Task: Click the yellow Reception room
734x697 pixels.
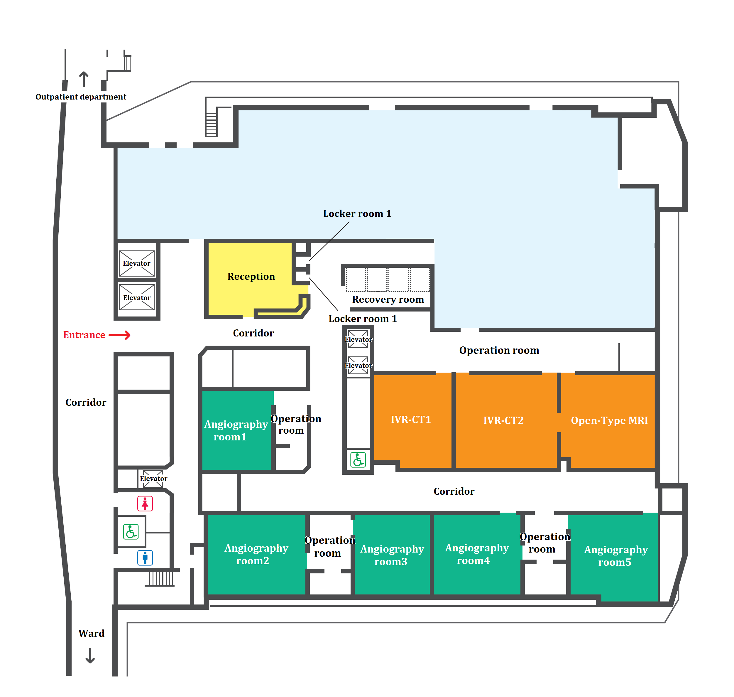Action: pyautogui.click(x=251, y=277)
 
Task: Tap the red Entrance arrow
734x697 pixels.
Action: pyautogui.click(x=120, y=335)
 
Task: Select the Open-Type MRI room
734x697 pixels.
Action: pyautogui.click(x=609, y=420)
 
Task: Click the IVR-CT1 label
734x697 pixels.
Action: pyautogui.click(x=411, y=420)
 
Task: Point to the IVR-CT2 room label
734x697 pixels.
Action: pyautogui.click(x=503, y=420)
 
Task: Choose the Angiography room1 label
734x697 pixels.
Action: pyautogui.click(x=236, y=431)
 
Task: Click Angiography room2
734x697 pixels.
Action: pyautogui.click(x=256, y=554)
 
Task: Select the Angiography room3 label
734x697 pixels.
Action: pyautogui.click(x=392, y=555)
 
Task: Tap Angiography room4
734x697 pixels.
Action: pyautogui.click(x=477, y=554)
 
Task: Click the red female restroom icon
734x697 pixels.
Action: pyautogui.click(x=145, y=504)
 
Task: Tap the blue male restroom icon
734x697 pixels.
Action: pyautogui.click(x=145, y=558)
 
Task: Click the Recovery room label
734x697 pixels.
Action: pyautogui.click(x=388, y=299)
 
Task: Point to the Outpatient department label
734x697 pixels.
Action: pyautogui.click(x=81, y=97)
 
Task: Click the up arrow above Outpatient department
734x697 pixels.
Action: pyautogui.click(x=84, y=79)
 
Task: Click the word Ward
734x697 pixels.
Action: pyautogui.click(x=91, y=634)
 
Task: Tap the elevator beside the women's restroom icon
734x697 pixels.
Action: pyautogui.click(x=153, y=479)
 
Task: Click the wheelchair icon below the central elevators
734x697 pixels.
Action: pyautogui.click(x=358, y=460)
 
